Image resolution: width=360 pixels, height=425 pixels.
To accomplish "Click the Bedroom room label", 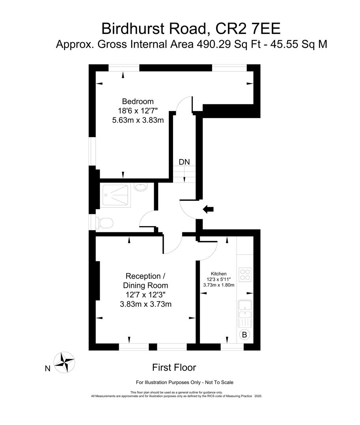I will click(x=138, y=101).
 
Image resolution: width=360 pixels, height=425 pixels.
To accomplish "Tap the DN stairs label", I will click(x=184, y=162).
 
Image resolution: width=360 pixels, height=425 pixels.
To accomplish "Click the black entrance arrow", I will click(x=208, y=210).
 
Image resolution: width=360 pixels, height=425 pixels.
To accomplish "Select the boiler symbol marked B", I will click(x=244, y=335).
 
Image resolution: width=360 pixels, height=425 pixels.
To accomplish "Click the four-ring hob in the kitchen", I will click(x=245, y=274).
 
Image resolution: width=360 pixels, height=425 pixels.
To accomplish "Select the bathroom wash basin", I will click(x=140, y=187).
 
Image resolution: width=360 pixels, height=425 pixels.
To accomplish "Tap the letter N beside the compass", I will click(x=47, y=369).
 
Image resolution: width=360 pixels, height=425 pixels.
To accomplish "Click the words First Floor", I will click(x=174, y=367).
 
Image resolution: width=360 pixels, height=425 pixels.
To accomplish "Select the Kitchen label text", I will click(x=218, y=274).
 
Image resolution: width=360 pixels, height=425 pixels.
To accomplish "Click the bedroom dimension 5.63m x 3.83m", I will click(x=138, y=120).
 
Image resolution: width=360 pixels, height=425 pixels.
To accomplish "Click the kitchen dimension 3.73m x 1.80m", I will click(x=218, y=285).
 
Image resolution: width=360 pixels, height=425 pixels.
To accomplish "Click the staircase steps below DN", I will click(x=184, y=173).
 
